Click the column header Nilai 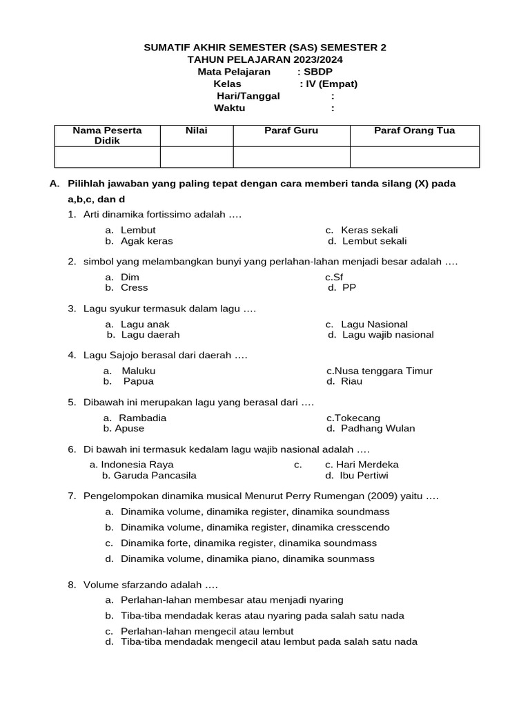[196, 130]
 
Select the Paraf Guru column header [291, 130]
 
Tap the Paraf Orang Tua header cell [414, 130]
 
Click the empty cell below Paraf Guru [291, 157]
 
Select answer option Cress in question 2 [134, 287]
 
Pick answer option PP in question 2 [349, 287]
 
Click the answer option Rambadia [142, 418]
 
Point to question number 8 [72, 585]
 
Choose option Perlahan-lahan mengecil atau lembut [207, 631]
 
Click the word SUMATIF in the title [168, 48]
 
